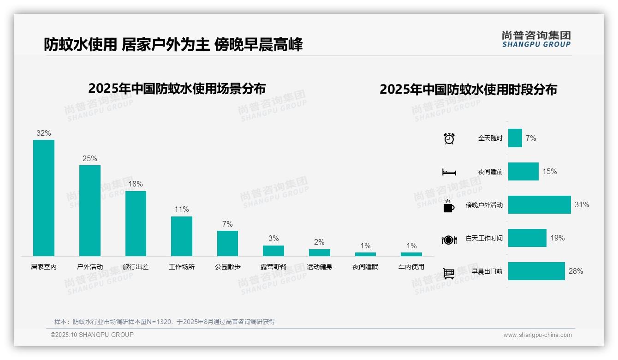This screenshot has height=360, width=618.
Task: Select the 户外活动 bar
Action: click(89, 210)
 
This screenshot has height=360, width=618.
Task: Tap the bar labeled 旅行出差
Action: click(136, 223)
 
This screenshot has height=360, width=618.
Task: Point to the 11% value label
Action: click(182, 209)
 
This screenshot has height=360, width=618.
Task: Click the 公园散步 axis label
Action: click(227, 267)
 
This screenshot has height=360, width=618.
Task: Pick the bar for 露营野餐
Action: click(273, 251)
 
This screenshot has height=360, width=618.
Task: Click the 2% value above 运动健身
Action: click(319, 242)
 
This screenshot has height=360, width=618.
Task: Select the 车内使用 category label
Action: click(411, 267)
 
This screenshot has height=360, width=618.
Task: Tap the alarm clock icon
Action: click(449, 138)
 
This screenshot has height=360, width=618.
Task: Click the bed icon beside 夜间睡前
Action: click(449, 172)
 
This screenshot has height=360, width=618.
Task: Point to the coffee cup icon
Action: click(449, 205)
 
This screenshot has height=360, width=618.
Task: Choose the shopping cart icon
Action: click(449, 273)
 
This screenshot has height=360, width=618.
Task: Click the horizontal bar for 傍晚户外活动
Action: click(539, 205)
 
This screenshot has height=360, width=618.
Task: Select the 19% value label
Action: click(557, 238)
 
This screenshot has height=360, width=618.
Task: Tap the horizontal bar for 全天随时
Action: click(515, 138)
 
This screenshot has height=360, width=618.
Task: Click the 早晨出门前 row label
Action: click(487, 271)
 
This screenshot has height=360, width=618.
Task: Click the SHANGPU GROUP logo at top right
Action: click(536, 39)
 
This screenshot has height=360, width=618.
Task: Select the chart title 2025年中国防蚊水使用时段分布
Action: click(468, 90)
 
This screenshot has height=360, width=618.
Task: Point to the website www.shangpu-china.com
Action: click(537, 335)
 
